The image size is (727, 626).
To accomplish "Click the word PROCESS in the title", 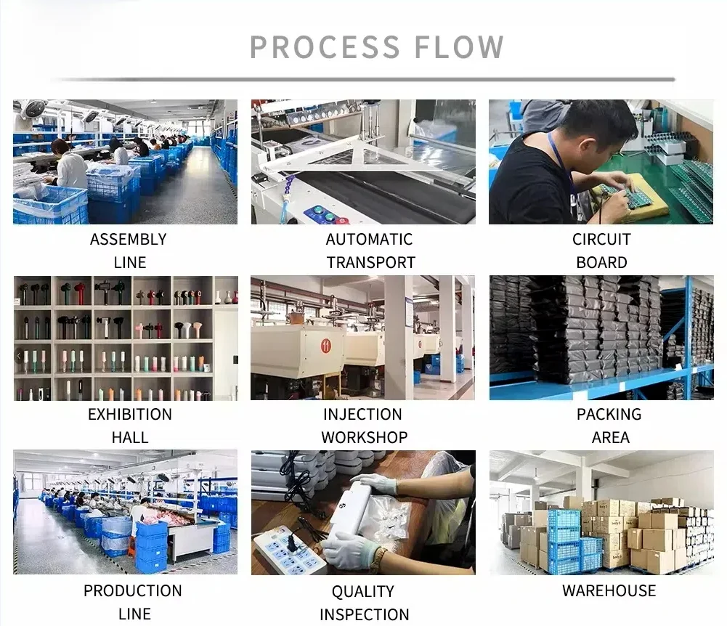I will pos(325,47).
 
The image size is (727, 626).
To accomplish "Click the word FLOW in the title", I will pos(459,47).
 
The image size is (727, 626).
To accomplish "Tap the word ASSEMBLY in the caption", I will pos(128,240).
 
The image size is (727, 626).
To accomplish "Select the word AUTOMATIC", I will pos(369,240).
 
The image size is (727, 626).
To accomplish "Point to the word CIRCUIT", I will pos(601,240).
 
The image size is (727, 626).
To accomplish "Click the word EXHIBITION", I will pos(130,415).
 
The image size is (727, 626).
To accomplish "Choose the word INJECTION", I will pos(362,415).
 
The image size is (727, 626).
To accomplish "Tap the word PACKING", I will pos(609,415).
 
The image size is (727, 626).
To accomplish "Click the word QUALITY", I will pos(362,592).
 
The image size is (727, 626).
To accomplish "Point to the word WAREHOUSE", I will pos(609,590).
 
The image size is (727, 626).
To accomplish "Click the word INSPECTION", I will pos(364,614).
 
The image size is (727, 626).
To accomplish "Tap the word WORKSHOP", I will pos(364,438).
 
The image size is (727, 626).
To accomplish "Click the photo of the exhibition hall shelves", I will pos(125,338).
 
